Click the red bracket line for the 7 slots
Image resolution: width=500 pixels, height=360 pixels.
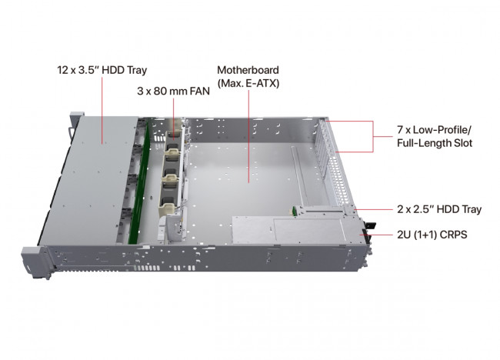(374, 136)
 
